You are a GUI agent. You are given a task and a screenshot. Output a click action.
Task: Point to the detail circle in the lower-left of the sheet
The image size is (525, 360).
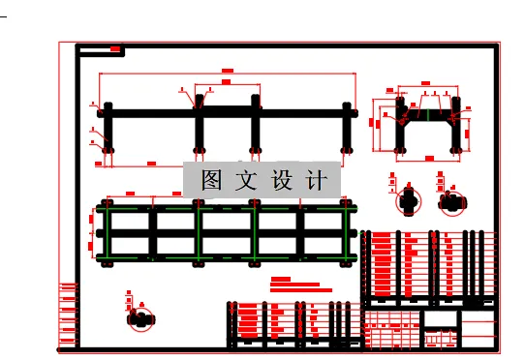click(141, 318)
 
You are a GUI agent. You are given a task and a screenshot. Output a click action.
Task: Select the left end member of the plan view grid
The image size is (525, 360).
click(106, 232)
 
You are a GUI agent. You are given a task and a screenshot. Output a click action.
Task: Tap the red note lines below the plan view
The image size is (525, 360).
click(300, 285)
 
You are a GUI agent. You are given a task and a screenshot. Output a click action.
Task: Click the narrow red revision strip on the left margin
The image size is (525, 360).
click(68, 315)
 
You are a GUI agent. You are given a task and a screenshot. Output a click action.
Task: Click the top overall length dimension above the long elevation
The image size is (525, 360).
click(228, 73)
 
